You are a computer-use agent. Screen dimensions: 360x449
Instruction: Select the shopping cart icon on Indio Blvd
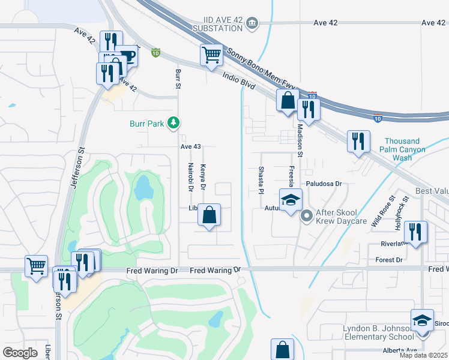tap(211, 55)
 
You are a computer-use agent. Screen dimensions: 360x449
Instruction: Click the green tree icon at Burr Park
tap(173, 123)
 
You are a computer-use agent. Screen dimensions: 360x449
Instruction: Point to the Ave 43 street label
tap(190, 146)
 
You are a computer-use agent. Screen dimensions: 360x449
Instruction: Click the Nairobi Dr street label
tap(190, 177)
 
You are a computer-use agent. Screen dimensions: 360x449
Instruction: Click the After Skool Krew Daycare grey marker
tap(306, 214)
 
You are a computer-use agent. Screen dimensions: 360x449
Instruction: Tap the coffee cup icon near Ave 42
tap(127, 56)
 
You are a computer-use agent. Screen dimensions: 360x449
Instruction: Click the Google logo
tap(20, 353)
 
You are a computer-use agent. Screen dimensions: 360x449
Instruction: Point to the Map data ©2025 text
tap(423, 355)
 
